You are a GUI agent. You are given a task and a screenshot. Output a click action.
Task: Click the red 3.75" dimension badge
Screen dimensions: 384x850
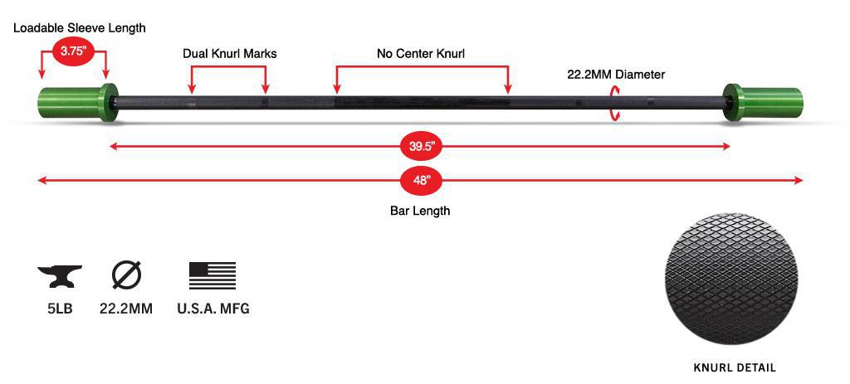coord(72,51)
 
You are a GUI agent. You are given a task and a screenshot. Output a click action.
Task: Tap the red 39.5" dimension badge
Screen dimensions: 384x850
coord(420,147)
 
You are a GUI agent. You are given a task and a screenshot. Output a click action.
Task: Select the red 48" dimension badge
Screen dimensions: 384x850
coord(421,180)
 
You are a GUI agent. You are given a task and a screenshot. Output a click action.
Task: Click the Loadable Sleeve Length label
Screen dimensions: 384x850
coord(80,28)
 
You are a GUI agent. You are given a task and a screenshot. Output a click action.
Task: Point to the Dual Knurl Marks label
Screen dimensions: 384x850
coord(230,54)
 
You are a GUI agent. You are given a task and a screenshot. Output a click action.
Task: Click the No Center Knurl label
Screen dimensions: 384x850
coord(421,54)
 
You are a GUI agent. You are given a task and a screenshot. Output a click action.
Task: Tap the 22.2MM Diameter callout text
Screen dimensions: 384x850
coord(616,75)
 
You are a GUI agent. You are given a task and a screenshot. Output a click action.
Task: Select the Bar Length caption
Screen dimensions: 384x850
coord(420,211)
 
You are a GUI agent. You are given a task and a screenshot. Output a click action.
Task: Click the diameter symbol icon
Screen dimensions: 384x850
coord(126,275)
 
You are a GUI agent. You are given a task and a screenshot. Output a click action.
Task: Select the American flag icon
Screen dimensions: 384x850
coord(212,275)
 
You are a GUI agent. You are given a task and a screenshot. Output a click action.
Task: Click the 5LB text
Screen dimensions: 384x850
coord(60,309)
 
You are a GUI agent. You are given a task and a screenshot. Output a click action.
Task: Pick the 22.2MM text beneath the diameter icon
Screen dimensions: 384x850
coord(126,309)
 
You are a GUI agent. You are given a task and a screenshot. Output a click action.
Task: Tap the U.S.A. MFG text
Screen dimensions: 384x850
coord(213,309)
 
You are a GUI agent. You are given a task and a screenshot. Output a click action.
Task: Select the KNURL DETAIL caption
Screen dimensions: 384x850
coord(735,367)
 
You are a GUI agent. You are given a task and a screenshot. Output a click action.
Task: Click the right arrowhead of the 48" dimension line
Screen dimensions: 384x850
coord(799,180)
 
